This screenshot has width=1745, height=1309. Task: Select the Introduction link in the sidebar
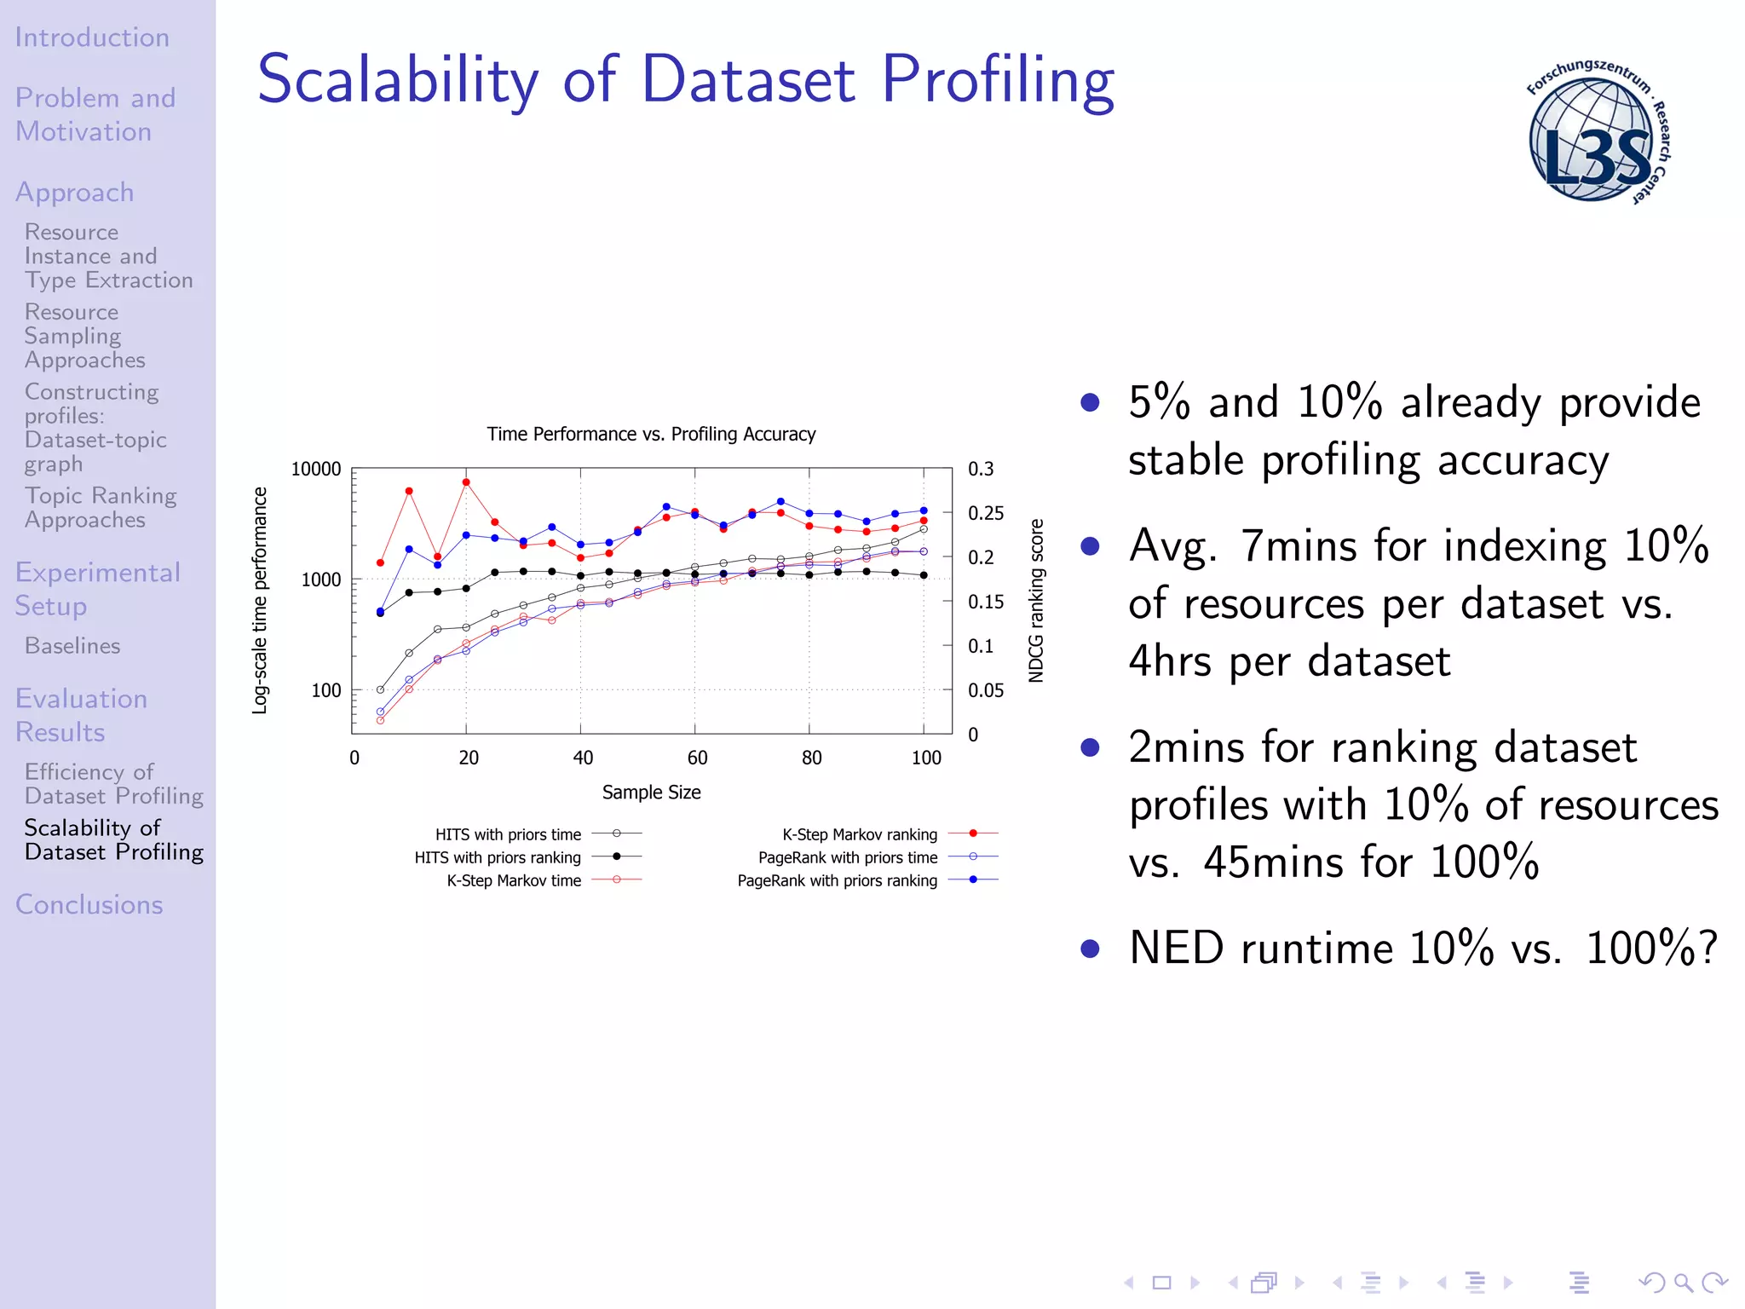[92, 37]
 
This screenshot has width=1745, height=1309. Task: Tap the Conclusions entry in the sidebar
[89, 904]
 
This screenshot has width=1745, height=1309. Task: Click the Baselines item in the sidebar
[72, 646]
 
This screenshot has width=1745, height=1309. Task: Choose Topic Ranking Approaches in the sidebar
[101, 508]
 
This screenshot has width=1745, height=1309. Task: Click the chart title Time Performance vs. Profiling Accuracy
[651, 434]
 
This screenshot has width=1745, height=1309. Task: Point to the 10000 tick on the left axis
[315, 469]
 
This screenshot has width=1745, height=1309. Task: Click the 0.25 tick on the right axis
[985, 513]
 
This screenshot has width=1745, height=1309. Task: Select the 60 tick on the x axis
[697, 758]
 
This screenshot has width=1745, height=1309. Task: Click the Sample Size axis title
[651, 793]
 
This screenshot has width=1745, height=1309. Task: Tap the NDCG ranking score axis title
[1035, 601]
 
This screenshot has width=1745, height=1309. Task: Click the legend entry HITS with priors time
[508, 834]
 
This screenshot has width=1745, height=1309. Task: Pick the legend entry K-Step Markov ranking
[859, 834]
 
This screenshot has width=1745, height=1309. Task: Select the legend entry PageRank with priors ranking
[837, 880]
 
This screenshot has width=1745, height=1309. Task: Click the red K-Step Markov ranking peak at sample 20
[466, 482]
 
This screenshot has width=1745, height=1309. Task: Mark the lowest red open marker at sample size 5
[380, 720]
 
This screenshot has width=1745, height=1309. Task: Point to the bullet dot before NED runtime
[1090, 949]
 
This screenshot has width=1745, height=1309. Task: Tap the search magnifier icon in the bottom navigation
[1682, 1282]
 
